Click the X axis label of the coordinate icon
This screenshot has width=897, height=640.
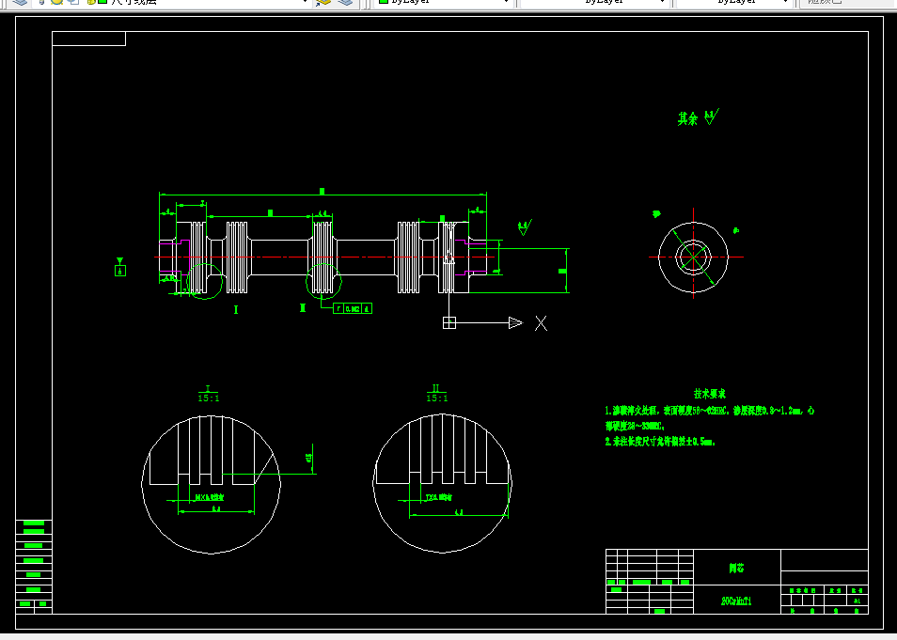541,323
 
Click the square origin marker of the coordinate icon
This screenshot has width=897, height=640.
449,323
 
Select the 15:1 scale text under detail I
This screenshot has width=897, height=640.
208,398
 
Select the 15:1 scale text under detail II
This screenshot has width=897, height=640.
436,398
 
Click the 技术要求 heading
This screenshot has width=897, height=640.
710,394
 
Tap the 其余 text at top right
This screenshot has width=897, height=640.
688,119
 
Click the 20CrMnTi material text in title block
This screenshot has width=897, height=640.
736,601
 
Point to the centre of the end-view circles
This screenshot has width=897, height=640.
693,256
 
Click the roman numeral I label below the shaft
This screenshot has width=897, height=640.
236,308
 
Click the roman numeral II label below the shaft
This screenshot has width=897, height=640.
303,307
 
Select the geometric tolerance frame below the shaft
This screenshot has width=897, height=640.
353,308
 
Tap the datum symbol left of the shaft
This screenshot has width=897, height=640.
119,271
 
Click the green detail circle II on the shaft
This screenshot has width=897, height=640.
325,279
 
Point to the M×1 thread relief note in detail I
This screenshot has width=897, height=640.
209,497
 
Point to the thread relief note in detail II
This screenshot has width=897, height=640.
437,498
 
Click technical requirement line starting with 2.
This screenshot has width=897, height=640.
660,441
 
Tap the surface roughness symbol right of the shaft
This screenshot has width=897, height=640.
524,227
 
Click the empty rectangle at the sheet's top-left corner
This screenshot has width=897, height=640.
88,39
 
